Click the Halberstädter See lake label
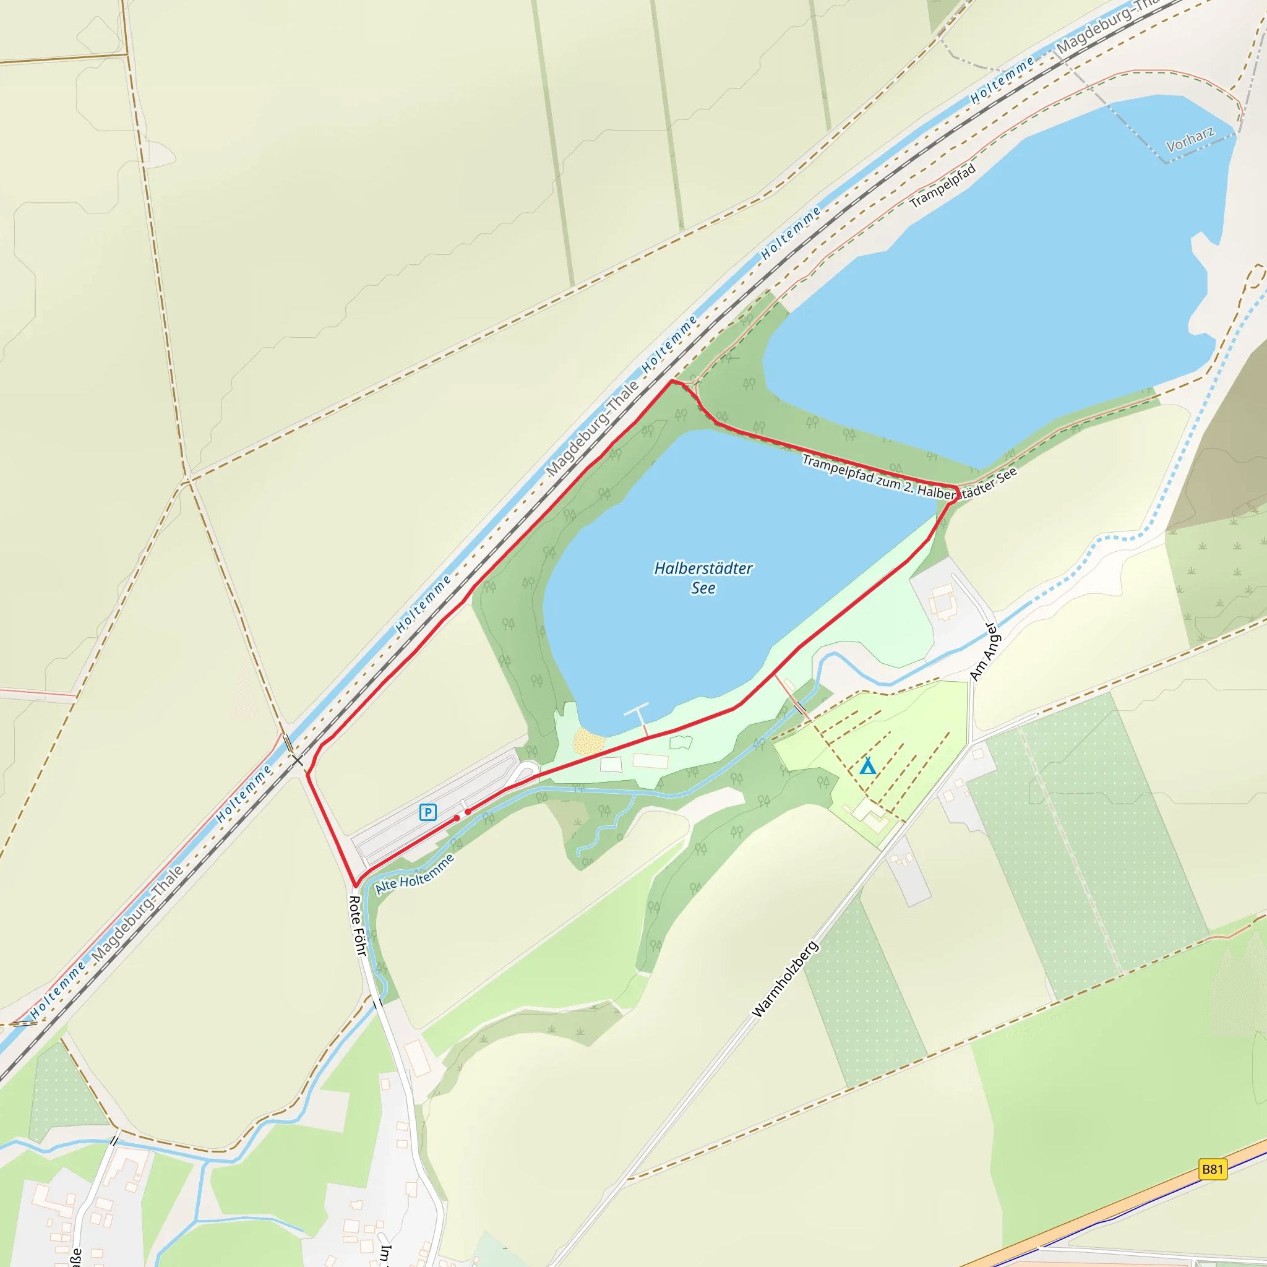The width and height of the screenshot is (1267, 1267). [x=703, y=578]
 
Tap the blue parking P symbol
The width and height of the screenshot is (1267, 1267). [x=427, y=812]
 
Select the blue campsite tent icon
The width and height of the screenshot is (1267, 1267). [x=867, y=766]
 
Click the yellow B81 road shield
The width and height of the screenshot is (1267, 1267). [x=1213, y=1169]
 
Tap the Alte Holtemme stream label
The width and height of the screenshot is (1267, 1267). [x=414, y=874]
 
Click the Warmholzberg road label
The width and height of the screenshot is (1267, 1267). [x=785, y=979]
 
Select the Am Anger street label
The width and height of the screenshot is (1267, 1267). [x=983, y=652]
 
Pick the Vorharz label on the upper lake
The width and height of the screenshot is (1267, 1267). [x=1190, y=139]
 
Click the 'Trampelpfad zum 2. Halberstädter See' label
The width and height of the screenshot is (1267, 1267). [x=909, y=479]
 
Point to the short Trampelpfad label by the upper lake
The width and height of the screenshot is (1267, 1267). [x=943, y=186]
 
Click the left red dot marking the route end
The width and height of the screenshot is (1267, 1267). [x=457, y=818]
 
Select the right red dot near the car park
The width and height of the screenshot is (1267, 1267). [x=468, y=812]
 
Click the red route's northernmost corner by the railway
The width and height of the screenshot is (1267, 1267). [x=670, y=380]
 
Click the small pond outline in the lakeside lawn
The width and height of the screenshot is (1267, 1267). [x=681, y=743]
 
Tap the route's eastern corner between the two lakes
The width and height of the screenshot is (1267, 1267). [x=958, y=489]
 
